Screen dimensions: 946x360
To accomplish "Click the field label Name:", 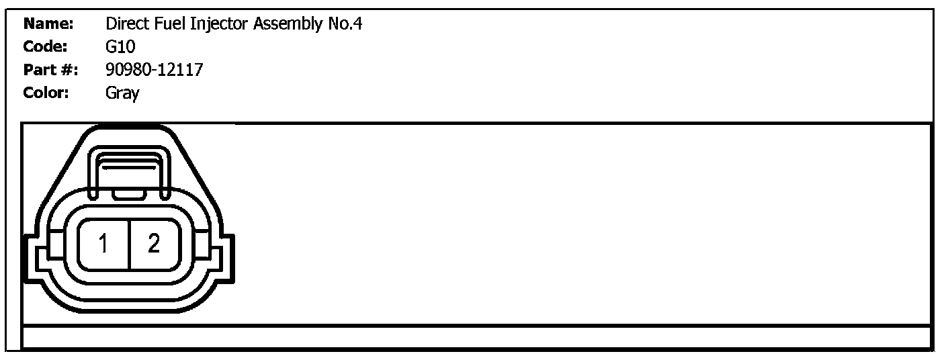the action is [48, 24].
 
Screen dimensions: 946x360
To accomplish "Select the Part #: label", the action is [50, 69].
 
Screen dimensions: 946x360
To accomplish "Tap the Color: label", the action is [46, 92].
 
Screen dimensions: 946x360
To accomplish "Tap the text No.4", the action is [348, 24].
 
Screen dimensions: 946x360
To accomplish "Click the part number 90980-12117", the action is [154, 69].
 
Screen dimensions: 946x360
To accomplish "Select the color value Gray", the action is [122, 93].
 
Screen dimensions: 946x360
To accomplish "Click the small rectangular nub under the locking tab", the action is [129, 195].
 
